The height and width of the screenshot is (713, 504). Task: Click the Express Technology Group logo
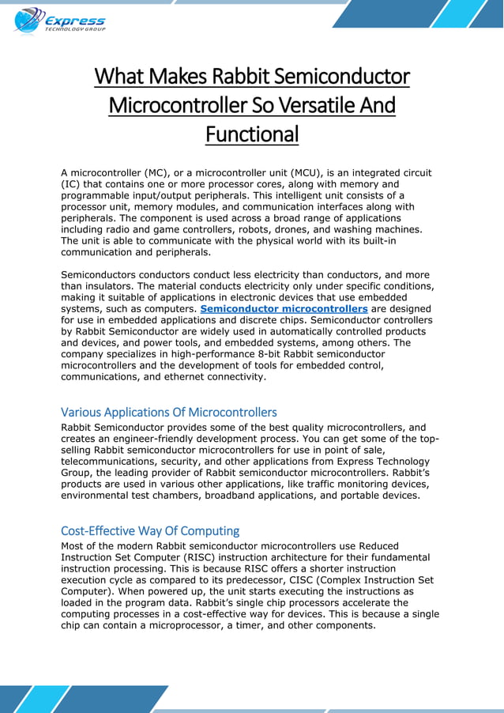pos(59,20)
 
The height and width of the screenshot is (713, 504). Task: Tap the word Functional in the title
pos(252,134)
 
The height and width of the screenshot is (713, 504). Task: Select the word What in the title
pos(118,77)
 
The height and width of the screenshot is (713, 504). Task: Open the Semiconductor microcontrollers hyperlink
pos(284,308)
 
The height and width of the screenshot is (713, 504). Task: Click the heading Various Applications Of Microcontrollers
pos(168,412)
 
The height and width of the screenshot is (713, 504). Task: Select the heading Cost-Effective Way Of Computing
pos(150,530)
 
